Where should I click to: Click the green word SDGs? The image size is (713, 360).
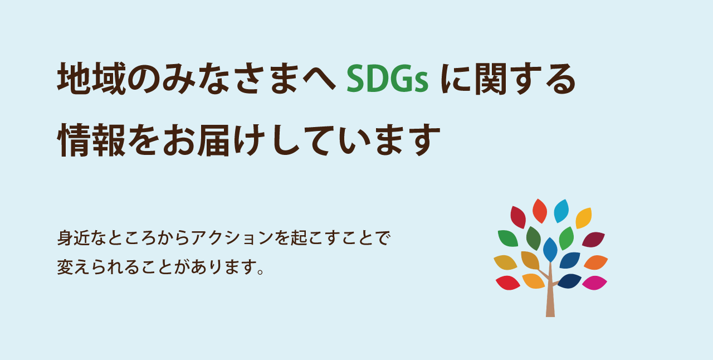click(x=387, y=79)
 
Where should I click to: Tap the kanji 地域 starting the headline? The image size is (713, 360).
click(x=92, y=79)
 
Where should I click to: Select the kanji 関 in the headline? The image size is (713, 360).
click(x=491, y=79)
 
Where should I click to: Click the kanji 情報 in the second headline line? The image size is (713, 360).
click(x=92, y=140)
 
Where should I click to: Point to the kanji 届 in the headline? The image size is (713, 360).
click(x=213, y=140)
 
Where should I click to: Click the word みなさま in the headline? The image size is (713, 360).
click(x=231, y=79)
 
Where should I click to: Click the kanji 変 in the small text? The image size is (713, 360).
click(x=66, y=266)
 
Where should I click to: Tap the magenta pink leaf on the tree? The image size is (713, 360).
click(x=594, y=283)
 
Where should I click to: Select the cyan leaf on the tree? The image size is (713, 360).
click(x=561, y=211)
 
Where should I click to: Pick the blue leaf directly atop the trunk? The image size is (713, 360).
click(x=550, y=250)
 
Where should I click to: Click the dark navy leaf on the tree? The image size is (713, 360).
click(x=569, y=281)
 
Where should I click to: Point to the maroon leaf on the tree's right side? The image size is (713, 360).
click(x=594, y=240)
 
